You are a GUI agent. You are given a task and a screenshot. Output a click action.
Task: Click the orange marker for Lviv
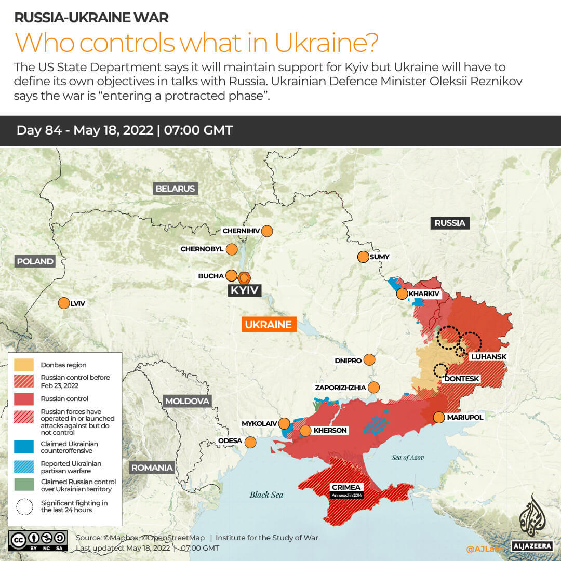tap(64, 303)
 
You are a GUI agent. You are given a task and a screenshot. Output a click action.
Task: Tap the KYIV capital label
tap(244, 290)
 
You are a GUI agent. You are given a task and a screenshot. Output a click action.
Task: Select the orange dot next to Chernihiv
tap(267, 231)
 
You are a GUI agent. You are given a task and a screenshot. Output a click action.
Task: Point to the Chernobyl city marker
tap(232, 249)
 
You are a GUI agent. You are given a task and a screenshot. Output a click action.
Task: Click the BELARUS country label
tap(175, 189)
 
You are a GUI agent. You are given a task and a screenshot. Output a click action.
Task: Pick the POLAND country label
tap(35, 261)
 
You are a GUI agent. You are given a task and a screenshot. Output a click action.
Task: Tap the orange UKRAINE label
tap(268, 325)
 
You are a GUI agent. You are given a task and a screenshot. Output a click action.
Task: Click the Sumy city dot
tap(363, 257)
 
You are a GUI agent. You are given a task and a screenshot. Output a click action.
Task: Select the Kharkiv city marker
tap(402, 294)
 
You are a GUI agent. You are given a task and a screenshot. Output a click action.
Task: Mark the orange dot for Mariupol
tap(439, 417)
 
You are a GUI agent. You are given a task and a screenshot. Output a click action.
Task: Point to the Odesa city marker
tap(250, 442)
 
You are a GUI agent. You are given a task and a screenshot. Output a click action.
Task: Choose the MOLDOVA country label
tap(187, 401)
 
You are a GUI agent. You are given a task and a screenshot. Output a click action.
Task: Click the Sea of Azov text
tap(408, 458)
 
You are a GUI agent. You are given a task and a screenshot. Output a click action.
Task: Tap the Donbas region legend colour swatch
tap(24, 365)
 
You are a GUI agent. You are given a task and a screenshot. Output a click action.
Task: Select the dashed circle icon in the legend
tap(24, 506)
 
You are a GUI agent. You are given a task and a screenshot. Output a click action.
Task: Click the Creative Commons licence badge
tap(38, 540)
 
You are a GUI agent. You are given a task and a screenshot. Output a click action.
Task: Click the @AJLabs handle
tap(484, 549)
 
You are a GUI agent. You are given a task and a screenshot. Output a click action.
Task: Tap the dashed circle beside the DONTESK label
tap(440, 370)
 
